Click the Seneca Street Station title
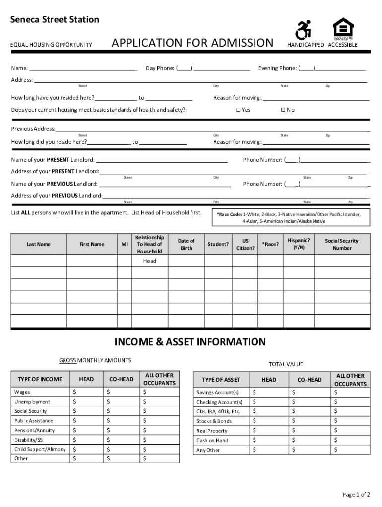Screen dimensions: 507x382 55,20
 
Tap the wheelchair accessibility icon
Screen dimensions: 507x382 303,30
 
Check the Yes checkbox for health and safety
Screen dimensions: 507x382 238,110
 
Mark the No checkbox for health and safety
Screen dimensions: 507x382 283,110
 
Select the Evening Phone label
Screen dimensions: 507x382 277,68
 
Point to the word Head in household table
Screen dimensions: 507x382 149,261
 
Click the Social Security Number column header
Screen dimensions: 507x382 342,244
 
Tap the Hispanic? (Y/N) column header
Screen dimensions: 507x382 299,243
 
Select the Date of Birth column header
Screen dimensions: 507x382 186,244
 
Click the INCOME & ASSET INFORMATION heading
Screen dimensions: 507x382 190,342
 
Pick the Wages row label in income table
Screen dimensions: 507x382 21,392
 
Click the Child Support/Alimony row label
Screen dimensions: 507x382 40,449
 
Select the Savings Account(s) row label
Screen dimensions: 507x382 217,393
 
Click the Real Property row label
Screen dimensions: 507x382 212,431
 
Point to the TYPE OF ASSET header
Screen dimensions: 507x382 220,380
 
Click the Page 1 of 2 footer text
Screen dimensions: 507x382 356,495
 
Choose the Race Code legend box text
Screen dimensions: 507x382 291,218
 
